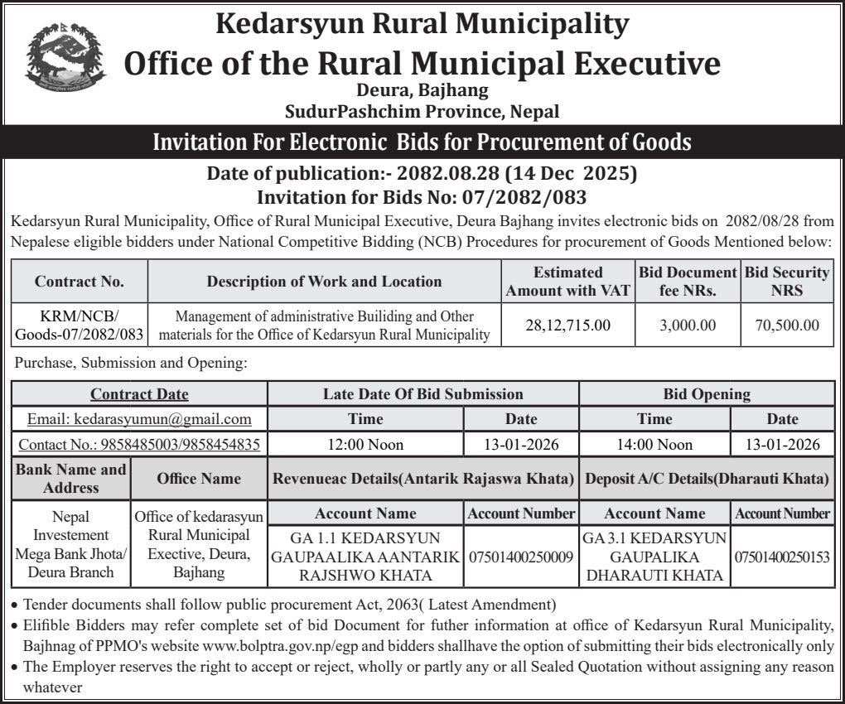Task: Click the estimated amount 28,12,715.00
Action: click(567, 325)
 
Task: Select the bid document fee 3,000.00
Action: click(688, 325)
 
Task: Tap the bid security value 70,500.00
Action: click(787, 325)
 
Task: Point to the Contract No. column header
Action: click(80, 282)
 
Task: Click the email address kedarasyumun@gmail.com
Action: click(139, 419)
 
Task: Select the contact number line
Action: click(139, 445)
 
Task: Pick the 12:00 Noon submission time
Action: click(365, 445)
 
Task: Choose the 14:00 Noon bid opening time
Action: click(654, 445)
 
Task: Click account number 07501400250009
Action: click(521, 557)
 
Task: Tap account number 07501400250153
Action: click(782, 557)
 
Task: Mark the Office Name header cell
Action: click(199, 479)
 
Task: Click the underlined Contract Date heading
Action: click(139, 394)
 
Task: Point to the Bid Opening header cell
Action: click(707, 394)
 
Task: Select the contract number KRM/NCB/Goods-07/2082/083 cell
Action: click(80, 325)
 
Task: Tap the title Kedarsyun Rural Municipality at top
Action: click(422, 22)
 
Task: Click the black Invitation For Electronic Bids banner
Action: click(422, 142)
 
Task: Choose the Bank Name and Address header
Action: click(71, 479)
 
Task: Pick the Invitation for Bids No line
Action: click(422, 197)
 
